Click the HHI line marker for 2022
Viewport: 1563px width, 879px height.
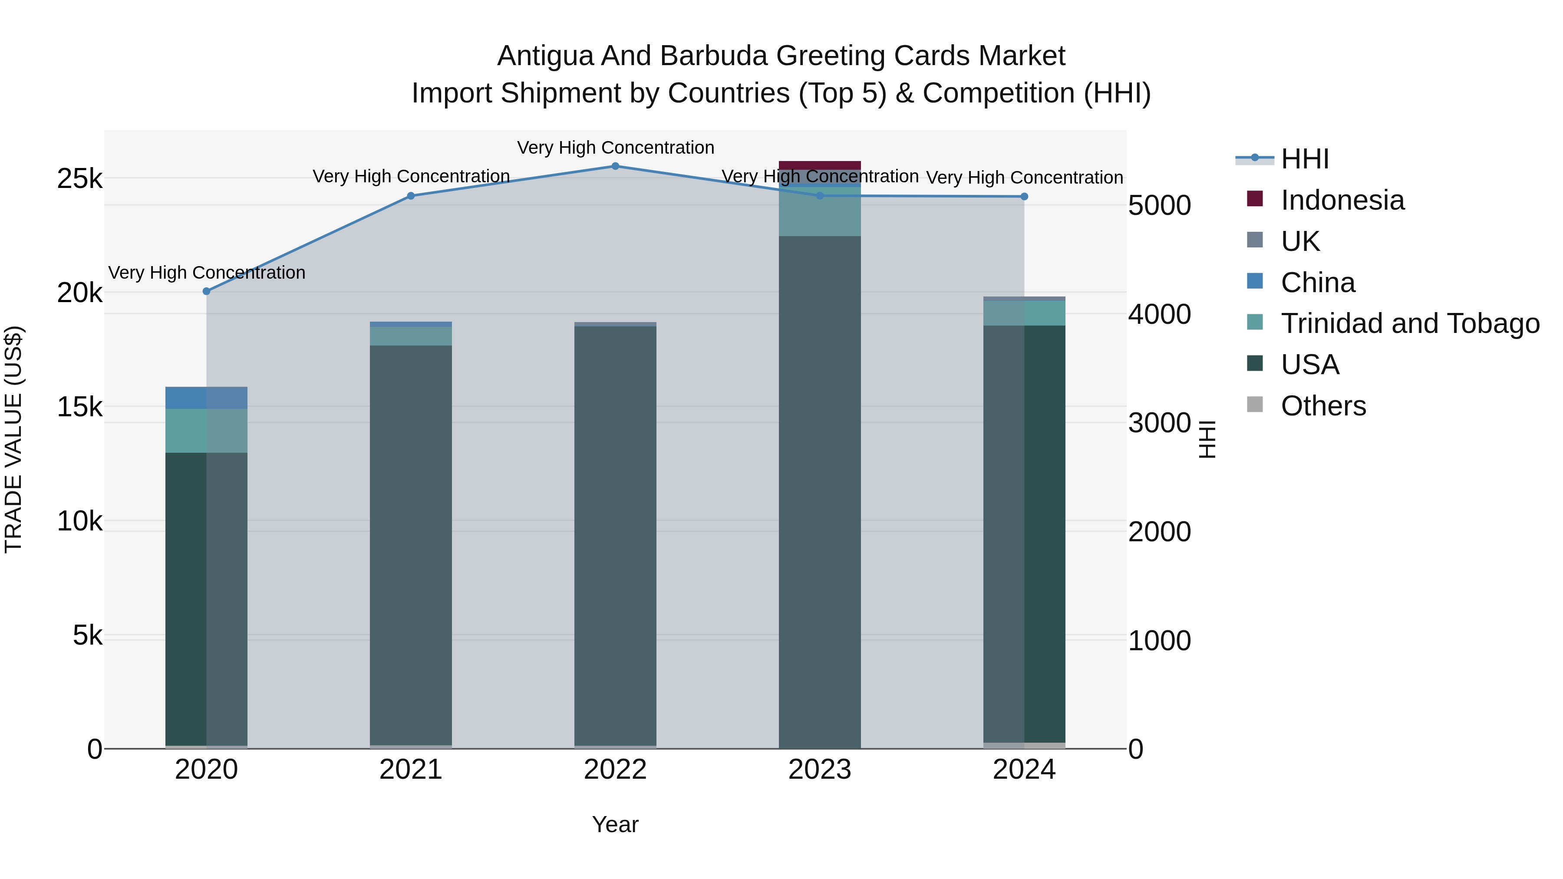click(615, 166)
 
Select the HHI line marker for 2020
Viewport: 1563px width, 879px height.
click(206, 291)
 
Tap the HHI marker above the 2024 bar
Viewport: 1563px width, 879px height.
click(1024, 197)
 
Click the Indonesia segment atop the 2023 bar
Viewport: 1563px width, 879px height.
click(820, 165)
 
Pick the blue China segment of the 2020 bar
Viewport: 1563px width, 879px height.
click(206, 398)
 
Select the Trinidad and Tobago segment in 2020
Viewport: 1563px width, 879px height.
click(206, 431)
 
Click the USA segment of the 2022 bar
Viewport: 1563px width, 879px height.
click(615, 534)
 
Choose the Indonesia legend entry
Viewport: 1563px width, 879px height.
click(1342, 200)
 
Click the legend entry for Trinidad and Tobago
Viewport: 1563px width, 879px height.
click(1409, 323)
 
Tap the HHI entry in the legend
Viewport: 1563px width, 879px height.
click(1305, 159)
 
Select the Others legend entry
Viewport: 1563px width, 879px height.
click(1323, 406)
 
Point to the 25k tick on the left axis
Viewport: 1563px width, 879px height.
click(79, 179)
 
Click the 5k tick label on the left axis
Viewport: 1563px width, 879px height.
click(87, 636)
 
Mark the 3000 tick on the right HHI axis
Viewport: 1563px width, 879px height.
click(1159, 423)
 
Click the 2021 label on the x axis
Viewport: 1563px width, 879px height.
click(411, 770)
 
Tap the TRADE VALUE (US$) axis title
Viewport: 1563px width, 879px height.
click(13, 439)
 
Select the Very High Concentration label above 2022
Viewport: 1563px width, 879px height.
click(615, 148)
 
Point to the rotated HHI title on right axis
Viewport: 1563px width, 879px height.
click(1207, 439)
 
